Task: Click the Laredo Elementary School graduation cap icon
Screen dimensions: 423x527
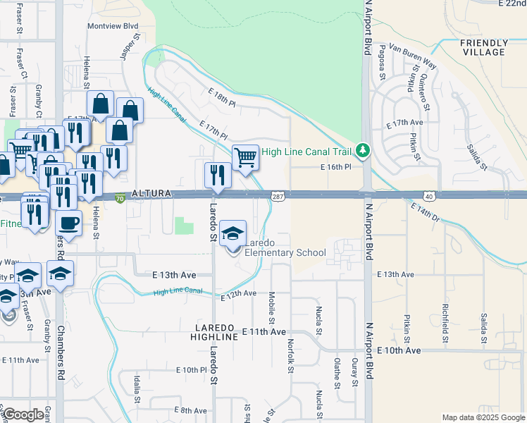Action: click(x=232, y=233)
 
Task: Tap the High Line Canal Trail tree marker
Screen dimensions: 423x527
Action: click(x=363, y=150)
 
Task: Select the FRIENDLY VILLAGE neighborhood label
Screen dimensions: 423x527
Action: click(x=483, y=48)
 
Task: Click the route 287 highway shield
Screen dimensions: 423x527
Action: click(x=278, y=196)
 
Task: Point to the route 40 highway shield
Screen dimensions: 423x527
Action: click(x=428, y=195)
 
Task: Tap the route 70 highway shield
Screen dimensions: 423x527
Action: click(x=120, y=199)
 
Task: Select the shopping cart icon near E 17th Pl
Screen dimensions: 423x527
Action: click(x=245, y=157)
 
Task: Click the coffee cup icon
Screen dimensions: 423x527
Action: click(x=68, y=222)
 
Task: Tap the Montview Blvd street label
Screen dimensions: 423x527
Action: click(x=112, y=26)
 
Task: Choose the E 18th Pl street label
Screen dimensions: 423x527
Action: click(x=222, y=97)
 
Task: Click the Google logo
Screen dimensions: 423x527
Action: click(x=23, y=415)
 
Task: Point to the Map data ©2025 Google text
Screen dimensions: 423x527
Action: click(x=483, y=417)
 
